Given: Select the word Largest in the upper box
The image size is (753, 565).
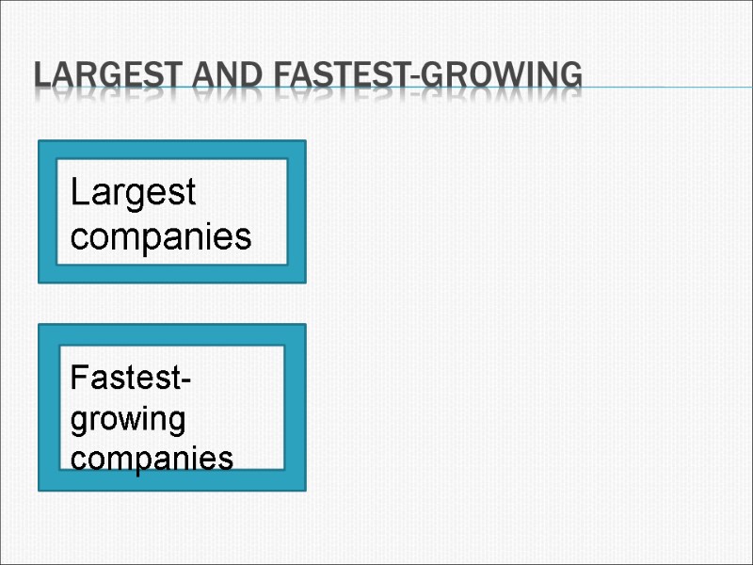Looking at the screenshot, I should point(133,194).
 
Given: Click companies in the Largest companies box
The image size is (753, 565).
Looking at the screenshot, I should point(161,236).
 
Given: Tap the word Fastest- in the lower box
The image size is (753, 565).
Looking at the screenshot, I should point(131,380).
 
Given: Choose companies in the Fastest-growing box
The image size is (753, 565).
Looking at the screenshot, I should point(152,459).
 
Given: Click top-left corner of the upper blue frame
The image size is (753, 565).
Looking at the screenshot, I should point(40,142).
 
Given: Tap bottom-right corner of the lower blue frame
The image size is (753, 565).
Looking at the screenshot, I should point(304,489).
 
